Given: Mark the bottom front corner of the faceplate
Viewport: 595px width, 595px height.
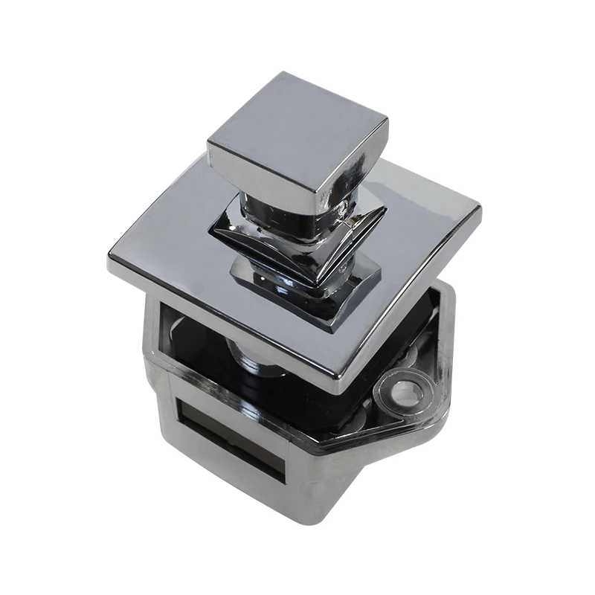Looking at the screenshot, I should pos(338,387).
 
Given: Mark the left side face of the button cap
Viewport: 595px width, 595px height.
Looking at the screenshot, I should pos(257,175).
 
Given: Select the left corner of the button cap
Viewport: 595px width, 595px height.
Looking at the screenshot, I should pos(209,141).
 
